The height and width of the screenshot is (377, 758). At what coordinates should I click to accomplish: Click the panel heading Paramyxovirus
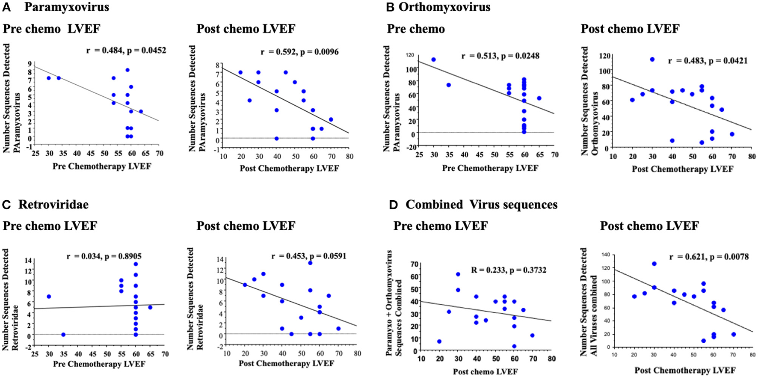pyautogui.click(x=66, y=7)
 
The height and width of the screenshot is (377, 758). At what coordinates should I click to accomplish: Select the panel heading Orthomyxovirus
pyautogui.click(x=444, y=7)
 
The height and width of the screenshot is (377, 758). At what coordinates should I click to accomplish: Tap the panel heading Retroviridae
pyautogui.click(x=53, y=205)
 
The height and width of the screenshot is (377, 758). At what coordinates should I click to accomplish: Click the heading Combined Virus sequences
pyautogui.click(x=481, y=205)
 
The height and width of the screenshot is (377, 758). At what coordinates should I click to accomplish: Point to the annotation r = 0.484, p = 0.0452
pyautogui.click(x=126, y=50)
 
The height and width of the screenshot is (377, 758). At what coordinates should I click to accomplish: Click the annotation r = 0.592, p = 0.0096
pyautogui.click(x=299, y=52)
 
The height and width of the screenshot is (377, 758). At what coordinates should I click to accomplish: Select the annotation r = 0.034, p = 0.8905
pyautogui.click(x=104, y=257)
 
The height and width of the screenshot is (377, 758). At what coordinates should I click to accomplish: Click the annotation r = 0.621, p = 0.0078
pyautogui.click(x=709, y=257)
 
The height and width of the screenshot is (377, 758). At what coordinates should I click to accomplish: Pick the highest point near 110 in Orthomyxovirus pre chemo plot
pyautogui.click(x=434, y=60)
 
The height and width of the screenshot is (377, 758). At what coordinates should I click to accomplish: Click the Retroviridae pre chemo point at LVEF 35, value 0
pyautogui.click(x=63, y=335)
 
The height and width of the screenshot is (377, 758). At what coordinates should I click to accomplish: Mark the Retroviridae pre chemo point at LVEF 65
pyautogui.click(x=150, y=307)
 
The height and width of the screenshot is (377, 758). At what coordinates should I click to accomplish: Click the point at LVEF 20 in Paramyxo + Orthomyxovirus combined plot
pyautogui.click(x=439, y=341)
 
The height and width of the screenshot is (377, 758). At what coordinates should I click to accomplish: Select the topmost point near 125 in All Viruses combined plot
pyautogui.click(x=654, y=264)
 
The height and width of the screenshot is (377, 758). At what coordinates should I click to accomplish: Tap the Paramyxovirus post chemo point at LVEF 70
pyautogui.click(x=331, y=120)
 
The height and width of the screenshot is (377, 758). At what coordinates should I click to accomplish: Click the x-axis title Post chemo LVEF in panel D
pyautogui.click(x=485, y=371)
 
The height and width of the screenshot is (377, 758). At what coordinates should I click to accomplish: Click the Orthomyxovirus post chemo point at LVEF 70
pyautogui.click(x=732, y=134)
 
